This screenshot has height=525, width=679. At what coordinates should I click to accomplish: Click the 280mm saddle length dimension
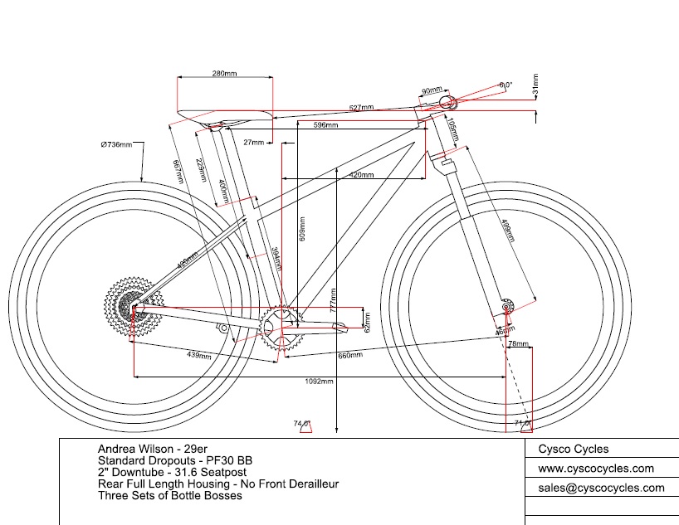[x=224, y=74]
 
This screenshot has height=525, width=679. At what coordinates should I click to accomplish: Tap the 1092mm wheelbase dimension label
[x=320, y=382]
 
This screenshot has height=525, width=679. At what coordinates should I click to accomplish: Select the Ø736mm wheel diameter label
[x=116, y=145]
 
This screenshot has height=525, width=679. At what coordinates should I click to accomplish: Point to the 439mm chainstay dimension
[x=198, y=355]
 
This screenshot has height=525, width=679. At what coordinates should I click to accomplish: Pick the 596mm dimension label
[x=325, y=125]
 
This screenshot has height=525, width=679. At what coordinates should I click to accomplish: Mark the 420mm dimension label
[x=360, y=176]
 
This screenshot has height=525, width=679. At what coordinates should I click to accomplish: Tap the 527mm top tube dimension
[x=361, y=108]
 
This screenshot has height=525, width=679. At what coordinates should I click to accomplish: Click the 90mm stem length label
[x=432, y=90]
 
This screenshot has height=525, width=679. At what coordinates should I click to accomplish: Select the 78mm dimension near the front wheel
[x=518, y=343]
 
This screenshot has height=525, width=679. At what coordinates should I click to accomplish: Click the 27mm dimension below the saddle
[x=253, y=143]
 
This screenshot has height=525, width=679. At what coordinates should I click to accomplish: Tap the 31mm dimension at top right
[x=535, y=84]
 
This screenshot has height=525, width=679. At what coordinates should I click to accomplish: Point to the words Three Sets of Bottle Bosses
[x=169, y=495]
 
